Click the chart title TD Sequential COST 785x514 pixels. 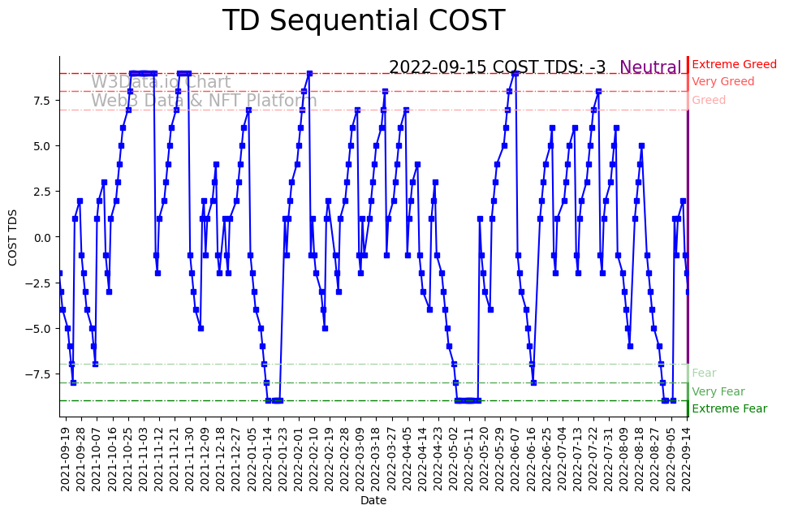[x=364, y=21]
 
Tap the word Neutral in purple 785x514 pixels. [x=650, y=67]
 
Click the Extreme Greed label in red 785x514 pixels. [x=734, y=64]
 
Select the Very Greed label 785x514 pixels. [x=722, y=82]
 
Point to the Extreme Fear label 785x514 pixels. [x=729, y=409]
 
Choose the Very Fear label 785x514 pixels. [x=718, y=391]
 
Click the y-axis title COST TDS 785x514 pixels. [x=13, y=236]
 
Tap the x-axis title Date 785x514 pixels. [x=373, y=501]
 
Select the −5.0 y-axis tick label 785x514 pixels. [x=40, y=329]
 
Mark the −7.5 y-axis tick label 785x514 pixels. [x=40, y=374]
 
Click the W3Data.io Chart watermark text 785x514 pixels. [x=161, y=82]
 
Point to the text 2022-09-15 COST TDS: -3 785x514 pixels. [x=497, y=67]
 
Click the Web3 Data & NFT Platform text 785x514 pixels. [x=204, y=101]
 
